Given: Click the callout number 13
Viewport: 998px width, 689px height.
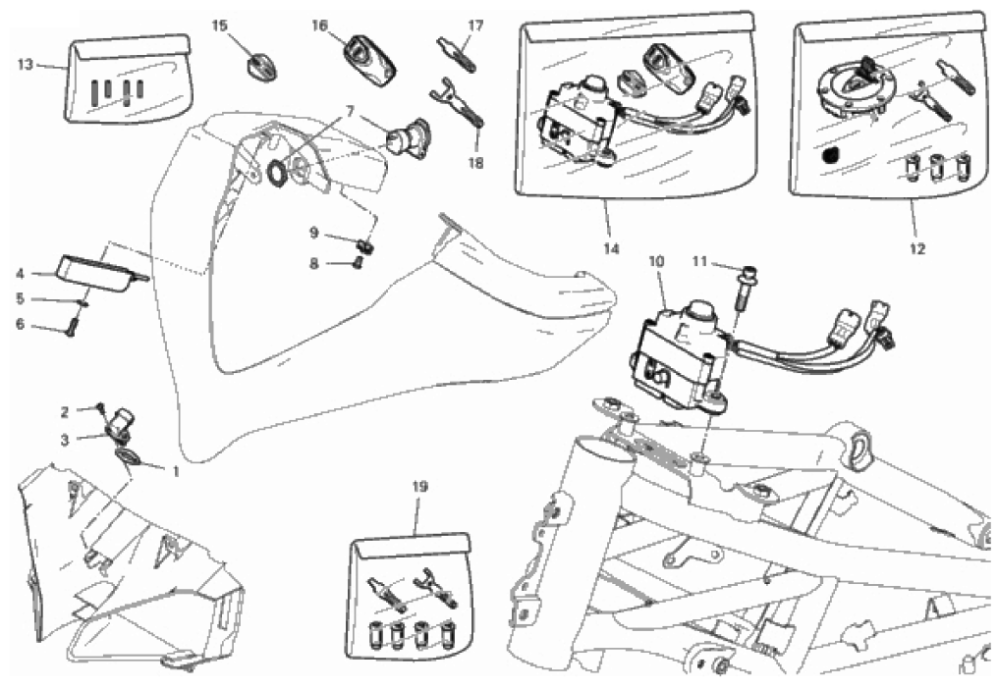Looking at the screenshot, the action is click(25, 65).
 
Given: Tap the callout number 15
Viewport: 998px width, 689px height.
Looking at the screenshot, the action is click(219, 26).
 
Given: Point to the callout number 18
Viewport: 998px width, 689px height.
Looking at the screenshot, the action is click(476, 163).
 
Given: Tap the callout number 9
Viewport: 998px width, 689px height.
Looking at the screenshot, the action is click(313, 233).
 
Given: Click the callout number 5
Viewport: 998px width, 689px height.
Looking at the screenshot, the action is click(20, 298).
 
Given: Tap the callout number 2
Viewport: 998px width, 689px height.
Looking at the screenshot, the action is click(64, 413).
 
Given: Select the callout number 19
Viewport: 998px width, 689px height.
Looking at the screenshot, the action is click(420, 488).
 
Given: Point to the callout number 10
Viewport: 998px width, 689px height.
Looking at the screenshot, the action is click(657, 261).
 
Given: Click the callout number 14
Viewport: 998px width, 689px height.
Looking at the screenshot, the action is click(611, 248).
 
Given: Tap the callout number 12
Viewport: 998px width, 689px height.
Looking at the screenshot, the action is click(916, 248).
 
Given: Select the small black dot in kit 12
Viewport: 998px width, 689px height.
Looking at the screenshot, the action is click(830, 155).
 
